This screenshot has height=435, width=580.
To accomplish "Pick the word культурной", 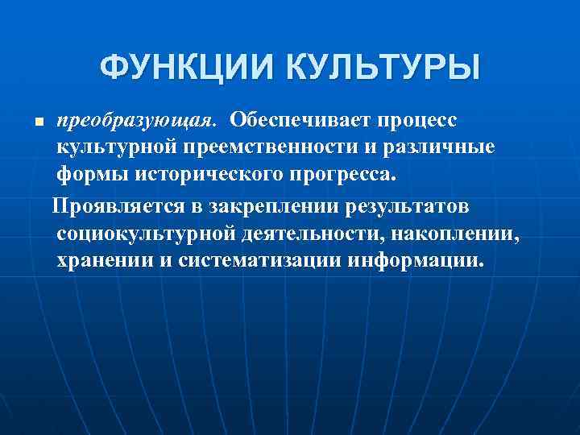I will coord(108,149).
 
